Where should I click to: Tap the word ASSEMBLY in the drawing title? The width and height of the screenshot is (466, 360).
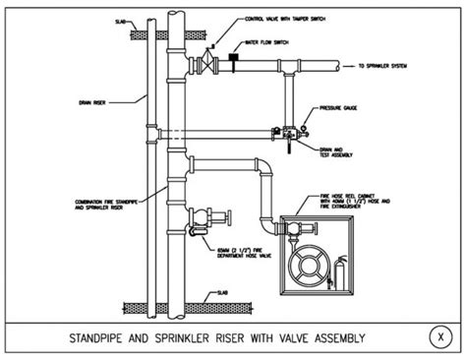coord(333,337)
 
